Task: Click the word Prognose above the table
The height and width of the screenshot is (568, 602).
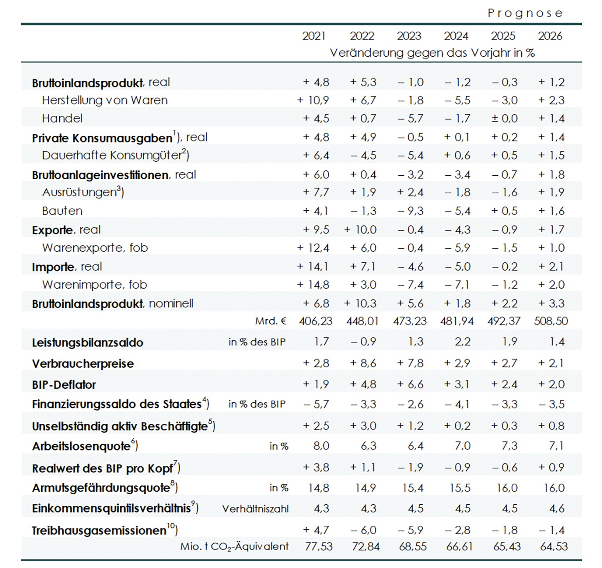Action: click(x=525, y=13)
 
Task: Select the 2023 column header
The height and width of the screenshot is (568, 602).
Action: click(x=409, y=36)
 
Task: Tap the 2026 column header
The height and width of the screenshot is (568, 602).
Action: click(x=550, y=36)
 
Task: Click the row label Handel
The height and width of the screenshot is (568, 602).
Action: click(x=62, y=118)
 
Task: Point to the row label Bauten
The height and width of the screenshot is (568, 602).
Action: click(x=62, y=211)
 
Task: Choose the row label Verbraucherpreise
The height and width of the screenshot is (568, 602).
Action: click(x=83, y=364)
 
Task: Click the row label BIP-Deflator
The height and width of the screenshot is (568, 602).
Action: click(x=64, y=385)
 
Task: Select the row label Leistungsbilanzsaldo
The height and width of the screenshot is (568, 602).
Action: click(x=87, y=343)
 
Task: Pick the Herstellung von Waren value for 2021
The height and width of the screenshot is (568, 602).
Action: click(x=313, y=100)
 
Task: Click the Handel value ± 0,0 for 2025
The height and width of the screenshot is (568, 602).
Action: click(x=504, y=118)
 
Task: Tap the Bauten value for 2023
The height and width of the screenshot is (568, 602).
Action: click(x=410, y=211)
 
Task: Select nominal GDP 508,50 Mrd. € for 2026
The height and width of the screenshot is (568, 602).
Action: click(x=551, y=321)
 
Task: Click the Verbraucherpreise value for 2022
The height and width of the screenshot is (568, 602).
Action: click(x=363, y=363)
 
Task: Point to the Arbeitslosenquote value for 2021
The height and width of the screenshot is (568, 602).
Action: click(x=321, y=446)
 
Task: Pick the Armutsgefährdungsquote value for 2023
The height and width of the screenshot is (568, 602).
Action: click(x=413, y=488)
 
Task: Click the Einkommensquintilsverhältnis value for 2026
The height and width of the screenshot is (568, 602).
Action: click(x=557, y=508)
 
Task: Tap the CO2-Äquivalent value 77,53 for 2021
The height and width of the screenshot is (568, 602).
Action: click(x=319, y=546)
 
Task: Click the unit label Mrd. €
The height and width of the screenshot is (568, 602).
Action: click(x=271, y=321)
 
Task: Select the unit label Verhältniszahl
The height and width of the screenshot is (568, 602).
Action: click(x=255, y=509)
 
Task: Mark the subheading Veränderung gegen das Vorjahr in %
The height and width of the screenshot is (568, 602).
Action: click(x=432, y=53)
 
